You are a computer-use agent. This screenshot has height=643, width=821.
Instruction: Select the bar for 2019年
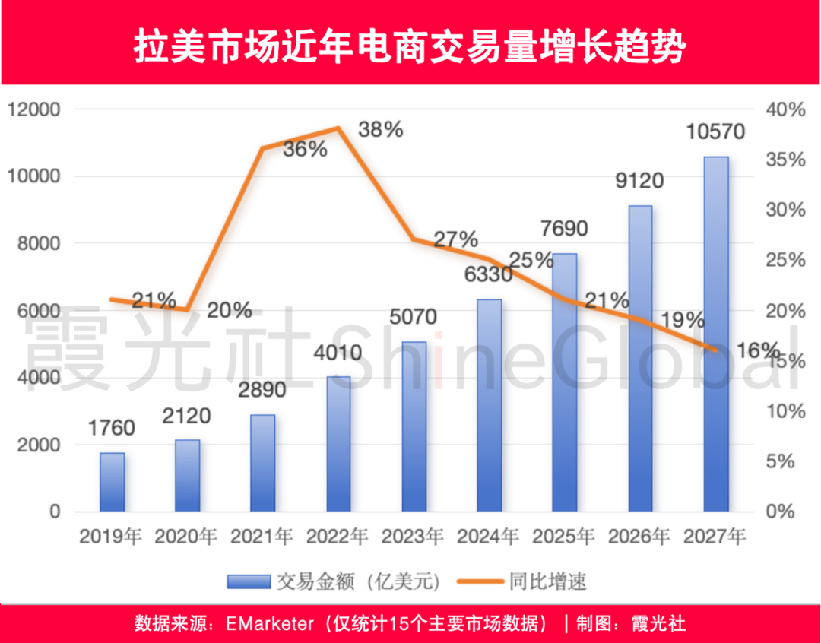coord(112,482)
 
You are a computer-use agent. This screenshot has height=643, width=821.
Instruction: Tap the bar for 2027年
coord(715,334)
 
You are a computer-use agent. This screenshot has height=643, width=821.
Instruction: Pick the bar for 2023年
coord(414,426)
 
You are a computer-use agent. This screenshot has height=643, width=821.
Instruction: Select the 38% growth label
coord(380,130)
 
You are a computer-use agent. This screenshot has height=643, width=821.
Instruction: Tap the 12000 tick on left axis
coord(33,110)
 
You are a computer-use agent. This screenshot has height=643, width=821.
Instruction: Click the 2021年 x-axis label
coord(262,536)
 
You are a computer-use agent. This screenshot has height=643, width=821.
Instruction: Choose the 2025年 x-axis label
coord(564,536)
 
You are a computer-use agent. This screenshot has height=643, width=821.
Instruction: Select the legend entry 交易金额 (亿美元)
coord(334,582)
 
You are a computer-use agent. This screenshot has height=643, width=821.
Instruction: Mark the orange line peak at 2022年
coord(338,128)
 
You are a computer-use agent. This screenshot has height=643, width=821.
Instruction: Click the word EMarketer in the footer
coord(270,624)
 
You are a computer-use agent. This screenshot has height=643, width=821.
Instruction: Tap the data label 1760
coord(112,429)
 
